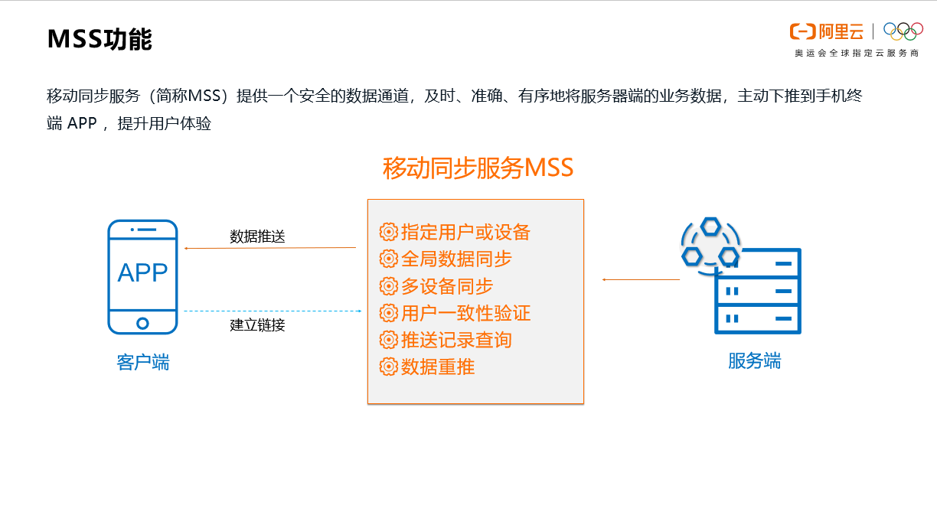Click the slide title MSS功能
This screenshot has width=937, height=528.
point(100,39)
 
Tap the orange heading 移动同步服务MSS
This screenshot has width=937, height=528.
point(478,168)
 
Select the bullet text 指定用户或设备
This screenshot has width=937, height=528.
point(465,232)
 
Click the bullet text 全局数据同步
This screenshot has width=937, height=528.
point(456,259)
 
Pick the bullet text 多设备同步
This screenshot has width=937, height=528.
point(447,286)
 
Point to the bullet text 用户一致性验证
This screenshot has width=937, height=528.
point(465,313)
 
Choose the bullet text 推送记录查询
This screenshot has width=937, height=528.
point(456,340)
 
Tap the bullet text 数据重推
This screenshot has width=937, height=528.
point(438,367)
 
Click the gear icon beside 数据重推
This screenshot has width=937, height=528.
point(388,367)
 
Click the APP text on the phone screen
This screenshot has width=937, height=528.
point(142,272)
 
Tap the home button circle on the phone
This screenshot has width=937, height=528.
point(142,323)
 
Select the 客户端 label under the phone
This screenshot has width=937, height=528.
point(143,362)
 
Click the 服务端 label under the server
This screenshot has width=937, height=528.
point(754,360)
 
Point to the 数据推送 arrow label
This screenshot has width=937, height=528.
point(257,236)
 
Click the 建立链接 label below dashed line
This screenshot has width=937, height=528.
point(257,324)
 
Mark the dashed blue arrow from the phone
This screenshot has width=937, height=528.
point(273,311)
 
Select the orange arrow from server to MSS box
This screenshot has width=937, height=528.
point(641,279)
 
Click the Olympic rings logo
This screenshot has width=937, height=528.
point(903,31)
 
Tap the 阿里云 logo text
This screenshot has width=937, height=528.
point(841,32)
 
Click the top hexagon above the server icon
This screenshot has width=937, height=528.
point(710,227)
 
